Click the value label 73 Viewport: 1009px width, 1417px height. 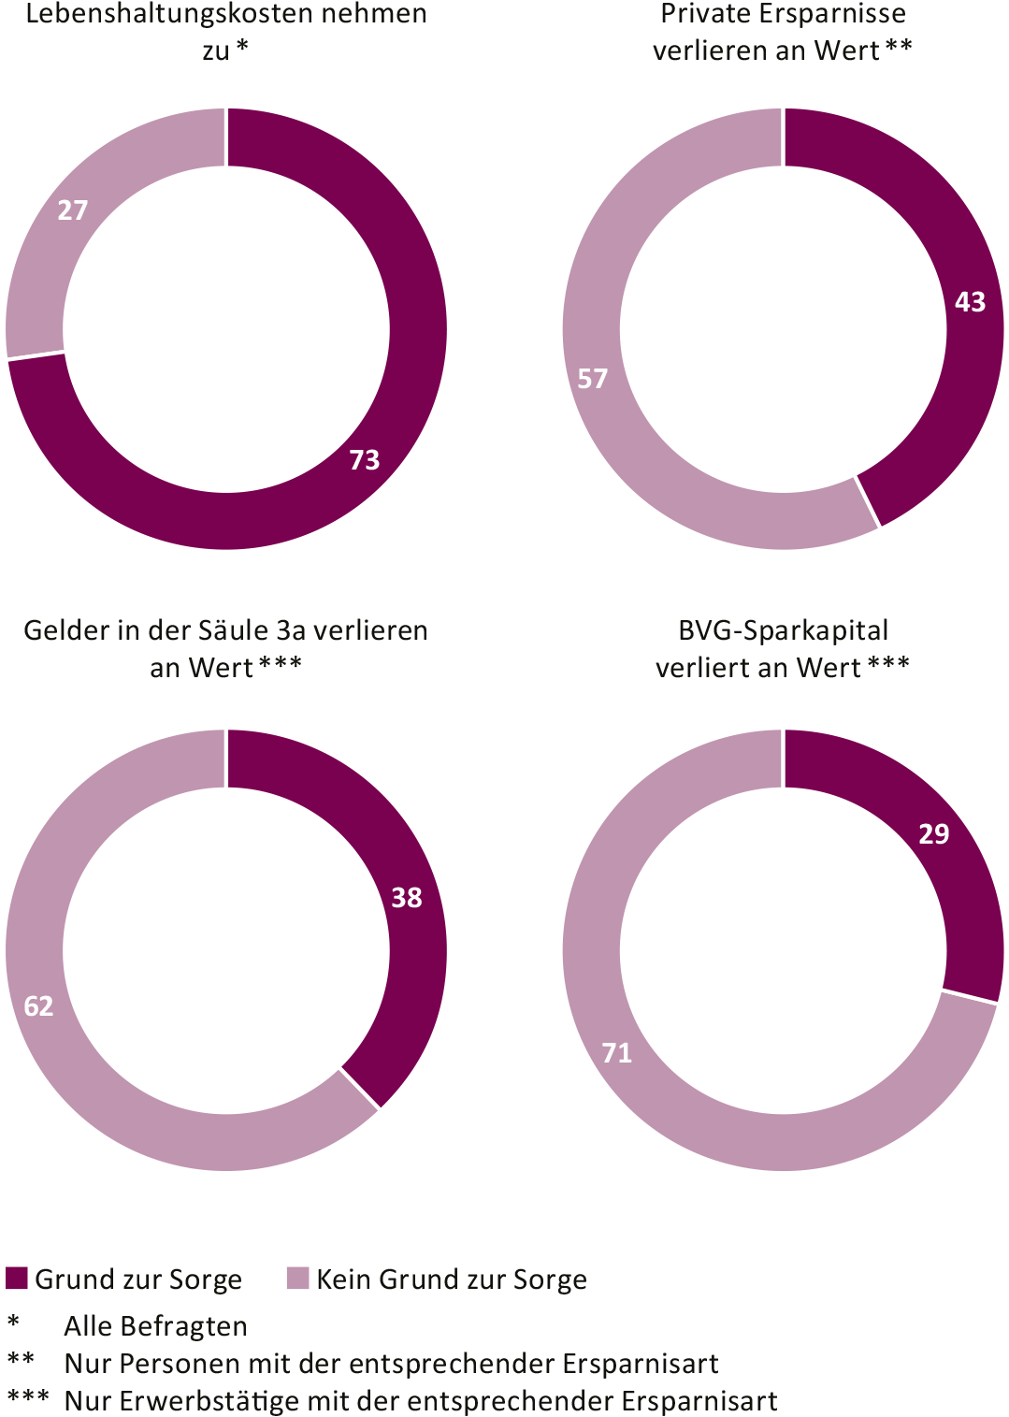click(x=365, y=459)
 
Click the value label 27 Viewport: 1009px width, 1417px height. click(x=73, y=210)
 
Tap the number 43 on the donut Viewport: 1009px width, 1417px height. click(x=970, y=301)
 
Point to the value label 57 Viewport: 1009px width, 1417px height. click(x=592, y=378)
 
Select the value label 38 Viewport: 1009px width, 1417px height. click(x=407, y=897)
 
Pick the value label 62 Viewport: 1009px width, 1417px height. click(x=38, y=1005)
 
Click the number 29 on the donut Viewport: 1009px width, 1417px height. click(x=933, y=833)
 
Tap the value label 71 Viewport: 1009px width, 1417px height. click(x=617, y=1052)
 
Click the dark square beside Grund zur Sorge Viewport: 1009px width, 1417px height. click(x=16, y=1278)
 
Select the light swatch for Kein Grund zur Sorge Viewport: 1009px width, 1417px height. click(x=297, y=1278)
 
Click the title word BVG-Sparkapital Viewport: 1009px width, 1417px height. click(x=783, y=630)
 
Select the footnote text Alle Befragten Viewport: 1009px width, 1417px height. click(x=155, y=1326)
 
